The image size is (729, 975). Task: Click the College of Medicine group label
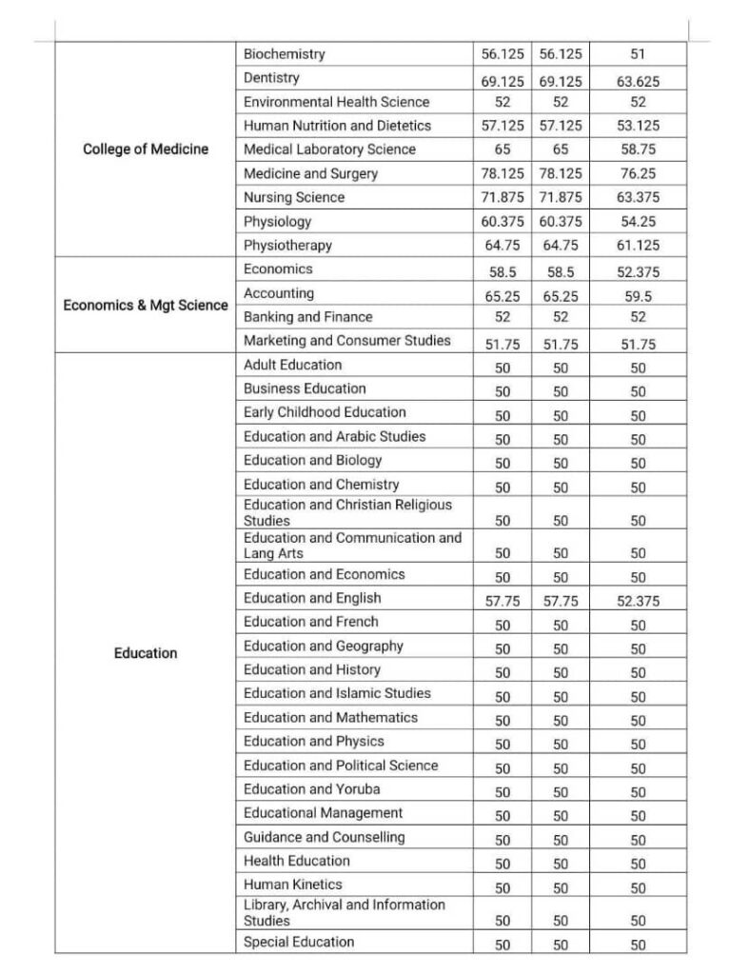146,149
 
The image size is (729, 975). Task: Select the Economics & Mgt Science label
146,306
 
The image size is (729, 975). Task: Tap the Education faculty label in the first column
146,653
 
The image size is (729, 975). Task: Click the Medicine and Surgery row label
310,173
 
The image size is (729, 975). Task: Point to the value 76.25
638,174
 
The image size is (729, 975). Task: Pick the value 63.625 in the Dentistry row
638,82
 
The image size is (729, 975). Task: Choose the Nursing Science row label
294,197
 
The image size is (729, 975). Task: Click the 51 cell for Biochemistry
638,54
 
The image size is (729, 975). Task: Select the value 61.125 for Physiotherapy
638,246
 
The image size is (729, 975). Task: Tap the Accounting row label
279,293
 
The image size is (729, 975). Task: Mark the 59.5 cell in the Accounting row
638,296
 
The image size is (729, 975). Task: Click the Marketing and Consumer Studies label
346,340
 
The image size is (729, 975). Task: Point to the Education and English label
312,598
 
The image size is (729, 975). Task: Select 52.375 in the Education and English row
638,602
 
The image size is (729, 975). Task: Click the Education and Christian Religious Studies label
347,512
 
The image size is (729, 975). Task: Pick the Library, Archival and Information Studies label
344,912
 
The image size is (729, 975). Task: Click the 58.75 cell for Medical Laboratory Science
638,150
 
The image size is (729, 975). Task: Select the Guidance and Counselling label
324,837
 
